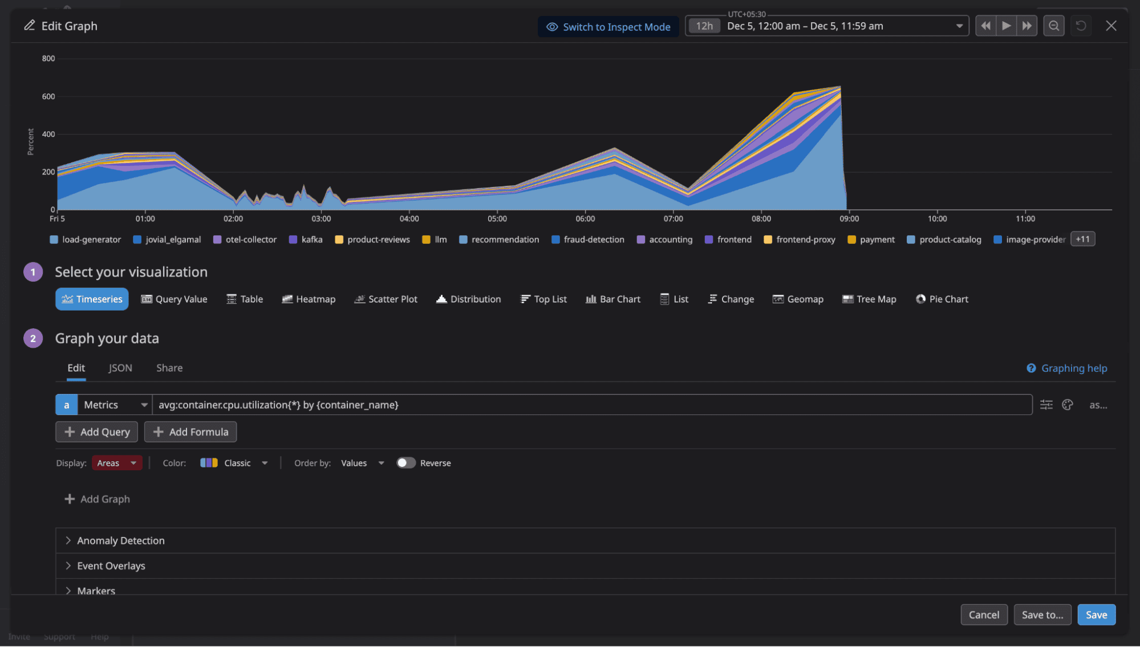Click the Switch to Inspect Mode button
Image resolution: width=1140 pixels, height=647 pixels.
pyautogui.click(x=608, y=27)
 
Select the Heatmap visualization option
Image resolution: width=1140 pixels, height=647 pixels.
pyautogui.click(x=309, y=299)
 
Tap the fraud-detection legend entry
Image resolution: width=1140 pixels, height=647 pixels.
pyautogui.click(x=588, y=239)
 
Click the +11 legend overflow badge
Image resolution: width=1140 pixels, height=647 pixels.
pyautogui.click(x=1082, y=239)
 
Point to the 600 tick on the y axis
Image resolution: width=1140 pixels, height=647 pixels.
pyautogui.click(x=48, y=96)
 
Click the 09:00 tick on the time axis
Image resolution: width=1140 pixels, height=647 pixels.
pyautogui.click(x=849, y=219)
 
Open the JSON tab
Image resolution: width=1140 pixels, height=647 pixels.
pyautogui.click(x=120, y=368)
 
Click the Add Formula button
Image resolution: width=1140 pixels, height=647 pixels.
pyautogui.click(x=190, y=432)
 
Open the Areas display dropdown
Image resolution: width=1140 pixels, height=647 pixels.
pyautogui.click(x=117, y=463)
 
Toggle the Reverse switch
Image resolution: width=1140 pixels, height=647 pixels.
pyautogui.click(x=405, y=463)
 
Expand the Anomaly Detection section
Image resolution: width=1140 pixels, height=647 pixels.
pyautogui.click(x=120, y=540)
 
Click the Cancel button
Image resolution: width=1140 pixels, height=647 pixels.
pyautogui.click(x=983, y=615)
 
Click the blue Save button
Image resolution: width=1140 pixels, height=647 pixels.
pyautogui.click(x=1096, y=615)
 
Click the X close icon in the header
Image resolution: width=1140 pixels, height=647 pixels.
pyautogui.click(x=1110, y=26)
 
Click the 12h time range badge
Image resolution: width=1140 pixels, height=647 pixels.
pyautogui.click(x=704, y=26)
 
